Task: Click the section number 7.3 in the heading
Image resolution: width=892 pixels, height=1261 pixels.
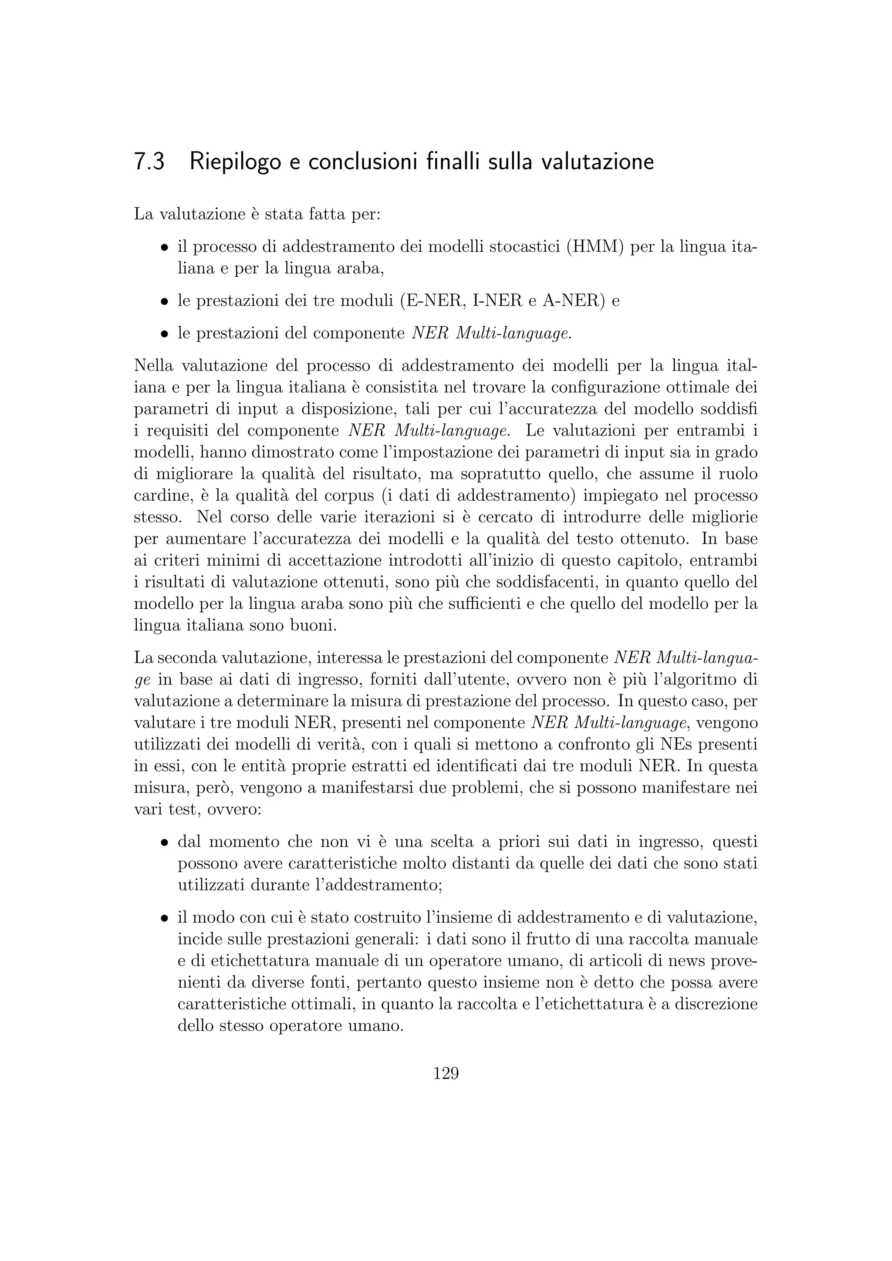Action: [149, 162]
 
